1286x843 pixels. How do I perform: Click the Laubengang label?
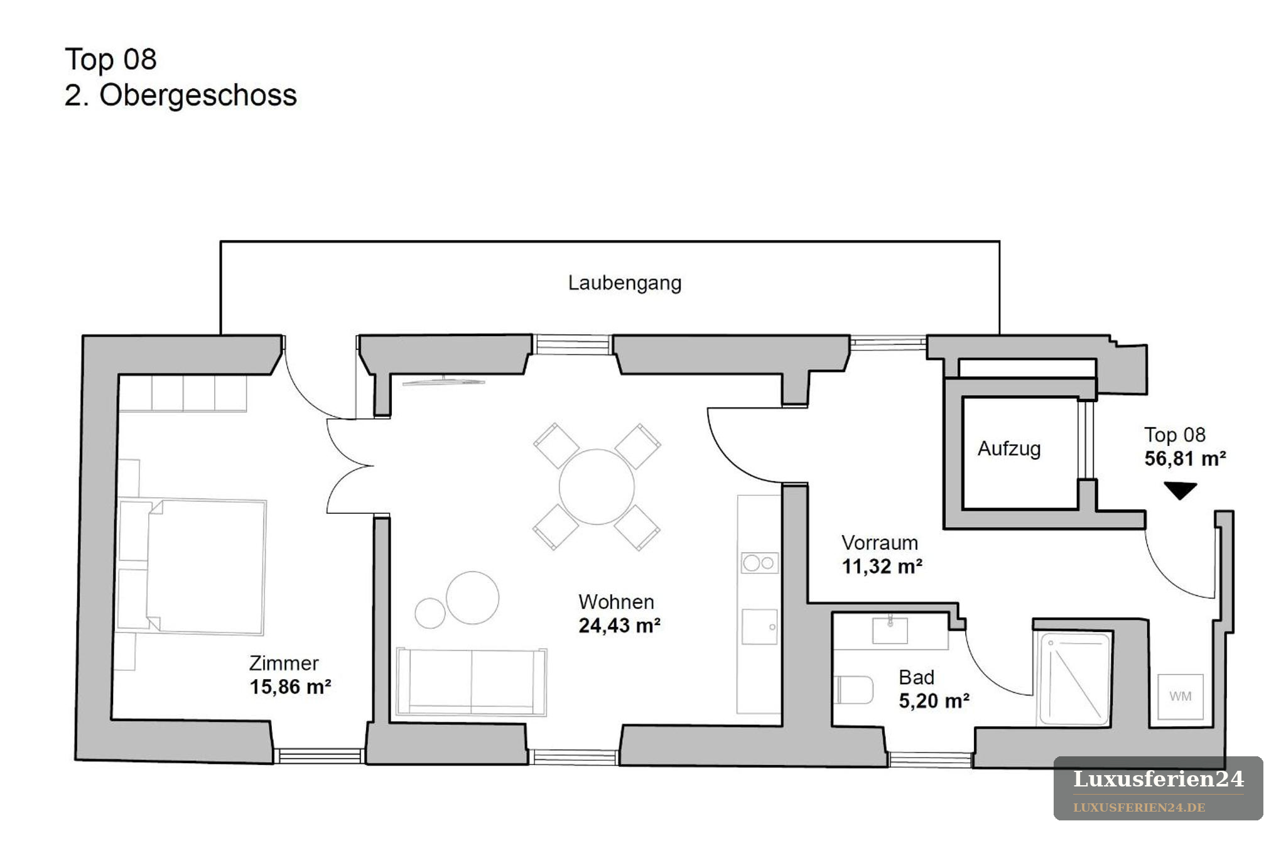pos(625,283)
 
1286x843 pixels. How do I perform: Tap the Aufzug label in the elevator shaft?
pos(1009,449)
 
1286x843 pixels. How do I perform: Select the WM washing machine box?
pos(1181,697)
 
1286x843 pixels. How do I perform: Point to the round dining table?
pos(597,487)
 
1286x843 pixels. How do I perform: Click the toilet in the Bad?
pos(854,690)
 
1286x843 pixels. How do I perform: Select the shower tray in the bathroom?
pos(1074,679)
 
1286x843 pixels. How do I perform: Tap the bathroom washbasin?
pos(890,630)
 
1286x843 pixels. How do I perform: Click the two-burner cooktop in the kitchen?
pos(759,563)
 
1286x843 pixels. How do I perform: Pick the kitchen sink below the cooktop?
pos(760,626)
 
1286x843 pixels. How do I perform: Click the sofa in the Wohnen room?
pos(472,682)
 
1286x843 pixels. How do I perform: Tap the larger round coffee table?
pos(473,597)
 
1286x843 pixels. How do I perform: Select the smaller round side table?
pos(430,613)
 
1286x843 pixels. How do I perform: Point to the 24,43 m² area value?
pos(619,626)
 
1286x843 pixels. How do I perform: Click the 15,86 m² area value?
pos(290,687)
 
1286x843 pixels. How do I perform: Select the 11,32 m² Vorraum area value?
pos(882,567)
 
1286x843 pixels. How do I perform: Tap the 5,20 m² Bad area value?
pos(934,701)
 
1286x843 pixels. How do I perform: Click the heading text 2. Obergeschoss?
pos(181,95)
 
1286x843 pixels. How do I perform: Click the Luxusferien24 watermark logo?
pos(1158,788)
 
